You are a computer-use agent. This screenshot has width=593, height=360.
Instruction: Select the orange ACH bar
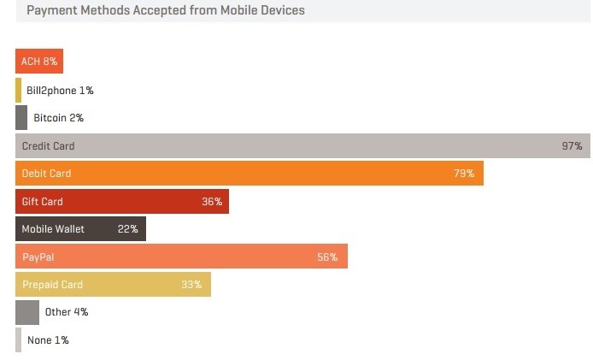coord(39,62)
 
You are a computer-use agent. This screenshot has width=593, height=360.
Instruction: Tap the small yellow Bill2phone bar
coord(18,90)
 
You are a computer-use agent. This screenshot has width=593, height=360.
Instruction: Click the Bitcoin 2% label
coord(58,117)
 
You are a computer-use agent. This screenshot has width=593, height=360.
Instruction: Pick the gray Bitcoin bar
coord(21,117)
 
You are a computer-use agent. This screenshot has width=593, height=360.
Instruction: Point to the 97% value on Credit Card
coord(572,145)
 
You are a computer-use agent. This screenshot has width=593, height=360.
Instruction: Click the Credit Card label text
coord(48,145)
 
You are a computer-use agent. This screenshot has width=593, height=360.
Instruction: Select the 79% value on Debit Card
coord(464,174)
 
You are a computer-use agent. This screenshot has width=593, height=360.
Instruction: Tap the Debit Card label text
coord(46,174)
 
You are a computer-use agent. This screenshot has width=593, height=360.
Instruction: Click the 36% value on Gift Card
coord(212,202)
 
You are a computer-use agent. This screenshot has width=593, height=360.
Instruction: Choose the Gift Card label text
coord(43,202)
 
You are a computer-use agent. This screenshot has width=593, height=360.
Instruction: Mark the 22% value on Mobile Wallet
coord(128,229)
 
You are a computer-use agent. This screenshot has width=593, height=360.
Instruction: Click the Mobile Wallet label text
coord(54,229)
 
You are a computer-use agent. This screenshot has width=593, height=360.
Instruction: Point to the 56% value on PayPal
coord(327,257)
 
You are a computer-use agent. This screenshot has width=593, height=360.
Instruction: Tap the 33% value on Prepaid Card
coord(191,285)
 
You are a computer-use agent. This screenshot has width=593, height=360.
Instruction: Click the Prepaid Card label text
coord(52,285)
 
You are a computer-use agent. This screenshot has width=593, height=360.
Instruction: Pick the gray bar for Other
coord(27,312)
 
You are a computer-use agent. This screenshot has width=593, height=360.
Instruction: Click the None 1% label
coord(48,340)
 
